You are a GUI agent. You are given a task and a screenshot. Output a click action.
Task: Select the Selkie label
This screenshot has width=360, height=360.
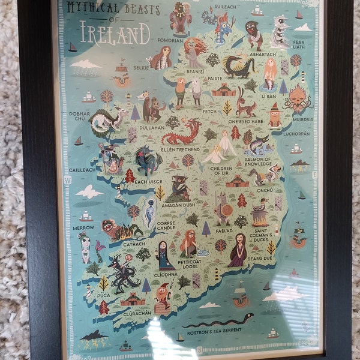click(142, 67)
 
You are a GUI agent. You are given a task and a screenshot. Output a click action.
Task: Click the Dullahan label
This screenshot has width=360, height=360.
click(151, 127)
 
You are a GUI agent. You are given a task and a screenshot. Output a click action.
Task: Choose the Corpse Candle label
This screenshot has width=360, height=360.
click(166, 226)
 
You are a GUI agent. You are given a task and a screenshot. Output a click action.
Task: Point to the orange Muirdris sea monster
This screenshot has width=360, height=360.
click(297, 96)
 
